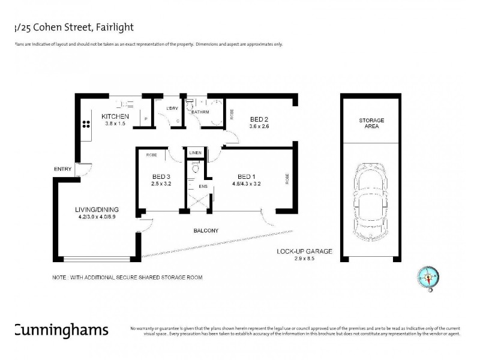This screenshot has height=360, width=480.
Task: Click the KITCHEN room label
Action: (x=115, y=116)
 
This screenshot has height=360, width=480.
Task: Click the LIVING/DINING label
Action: (x=97, y=209)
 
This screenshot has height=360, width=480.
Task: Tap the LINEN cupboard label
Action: (x=194, y=154)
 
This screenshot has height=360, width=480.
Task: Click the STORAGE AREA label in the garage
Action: (x=371, y=124)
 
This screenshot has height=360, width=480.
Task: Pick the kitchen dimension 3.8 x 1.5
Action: (x=115, y=123)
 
